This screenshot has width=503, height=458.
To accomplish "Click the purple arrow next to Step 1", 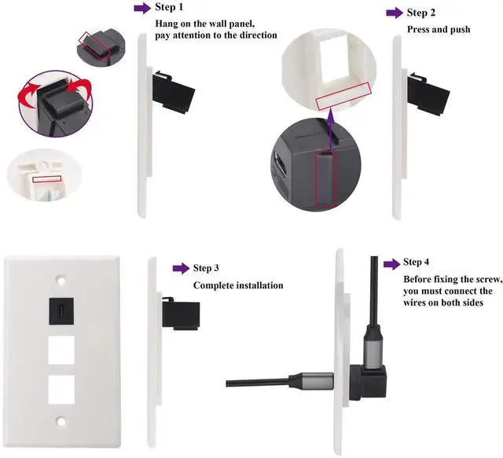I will [x=142, y=8].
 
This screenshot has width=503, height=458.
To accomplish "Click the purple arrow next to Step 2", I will [x=395, y=13].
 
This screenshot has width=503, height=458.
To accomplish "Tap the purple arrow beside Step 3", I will [x=181, y=269].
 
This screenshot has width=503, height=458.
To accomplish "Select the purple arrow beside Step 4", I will [x=391, y=262].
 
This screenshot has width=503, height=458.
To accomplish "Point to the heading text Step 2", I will [x=422, y=13].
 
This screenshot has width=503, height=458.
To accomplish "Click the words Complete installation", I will [x=237, y=285].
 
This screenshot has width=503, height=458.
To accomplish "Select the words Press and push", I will [x=438, y=29].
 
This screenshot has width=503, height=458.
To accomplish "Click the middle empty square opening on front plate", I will [x=61, y=350].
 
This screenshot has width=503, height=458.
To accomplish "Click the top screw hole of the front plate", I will [x=61, y=278].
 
